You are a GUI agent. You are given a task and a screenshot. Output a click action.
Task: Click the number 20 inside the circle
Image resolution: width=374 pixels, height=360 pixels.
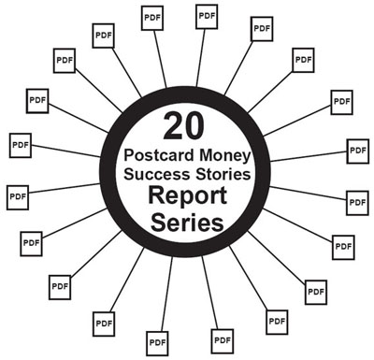[187, 123]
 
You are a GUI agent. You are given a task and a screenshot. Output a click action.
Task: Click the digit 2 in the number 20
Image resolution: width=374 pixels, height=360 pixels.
[174, 123]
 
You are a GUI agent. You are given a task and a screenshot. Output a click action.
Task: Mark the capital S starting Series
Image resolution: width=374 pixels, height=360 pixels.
[161, 224]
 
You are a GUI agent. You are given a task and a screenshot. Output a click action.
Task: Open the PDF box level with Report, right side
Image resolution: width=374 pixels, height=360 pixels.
[356, 200]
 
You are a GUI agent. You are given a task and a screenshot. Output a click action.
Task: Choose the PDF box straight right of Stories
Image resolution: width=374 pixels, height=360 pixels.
[356, 150]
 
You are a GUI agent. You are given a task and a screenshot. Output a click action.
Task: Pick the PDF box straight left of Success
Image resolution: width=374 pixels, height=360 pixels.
[20, 146]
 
